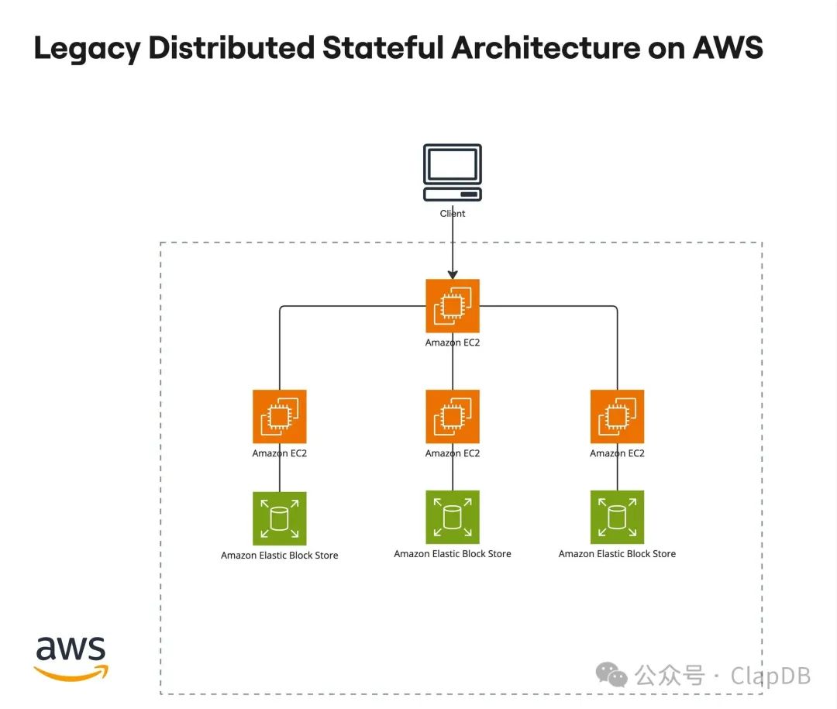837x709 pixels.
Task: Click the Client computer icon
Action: tap(453, 173)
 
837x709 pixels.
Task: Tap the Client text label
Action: tap(453, 213)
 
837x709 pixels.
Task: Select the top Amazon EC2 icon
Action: tap(453, 306)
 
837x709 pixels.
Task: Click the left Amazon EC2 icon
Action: tap(280, 417)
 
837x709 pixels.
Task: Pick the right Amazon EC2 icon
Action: tap(617, 417)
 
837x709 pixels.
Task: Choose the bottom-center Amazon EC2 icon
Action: tap(453, 417)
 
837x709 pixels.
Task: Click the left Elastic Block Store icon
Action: tap(280, 518)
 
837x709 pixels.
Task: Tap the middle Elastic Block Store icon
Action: tap(453, 517)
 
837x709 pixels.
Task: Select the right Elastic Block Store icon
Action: tap(617, 517)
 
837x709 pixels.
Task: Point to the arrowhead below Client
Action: tap(453, 274)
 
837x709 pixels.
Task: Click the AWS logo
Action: tap(71, 657)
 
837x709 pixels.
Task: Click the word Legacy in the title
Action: tap(87, 49)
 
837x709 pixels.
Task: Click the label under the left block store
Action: tap(280, 555)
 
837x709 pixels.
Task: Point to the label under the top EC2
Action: tap(453, 342)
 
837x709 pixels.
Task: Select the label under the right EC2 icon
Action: tap(617, 453)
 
